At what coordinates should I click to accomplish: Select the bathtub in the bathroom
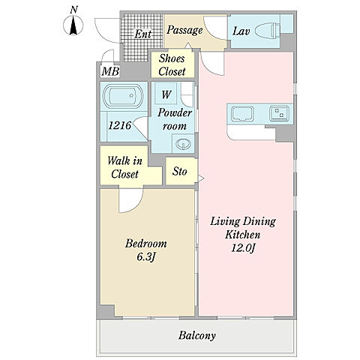pos(123,96)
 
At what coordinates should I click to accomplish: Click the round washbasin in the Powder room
pos(184,144)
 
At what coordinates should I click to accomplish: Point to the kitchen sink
pos(242,114)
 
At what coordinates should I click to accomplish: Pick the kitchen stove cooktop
pos(279,113)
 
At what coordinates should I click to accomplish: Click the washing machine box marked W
pos(166,93)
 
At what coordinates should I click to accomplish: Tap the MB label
pos(110,72)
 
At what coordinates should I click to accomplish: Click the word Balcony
pos(196,335)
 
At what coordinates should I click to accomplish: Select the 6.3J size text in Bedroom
pos(146,256)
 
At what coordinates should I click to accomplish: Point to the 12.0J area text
pos(242,248)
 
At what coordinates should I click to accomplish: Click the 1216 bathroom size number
pos(119,125)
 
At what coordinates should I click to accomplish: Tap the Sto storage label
pos(179,172)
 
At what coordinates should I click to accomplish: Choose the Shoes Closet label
pos(172,65)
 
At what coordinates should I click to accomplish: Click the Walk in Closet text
pos(124,167)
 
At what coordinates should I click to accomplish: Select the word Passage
pos(184,30)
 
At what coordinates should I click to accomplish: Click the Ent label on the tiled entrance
pos(143,34)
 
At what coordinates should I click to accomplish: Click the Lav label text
pos(241,31)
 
